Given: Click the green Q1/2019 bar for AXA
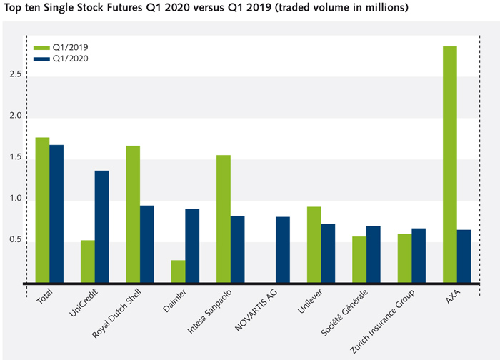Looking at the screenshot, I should pos(449,164).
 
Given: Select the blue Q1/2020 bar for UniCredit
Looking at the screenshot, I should pos(101,226).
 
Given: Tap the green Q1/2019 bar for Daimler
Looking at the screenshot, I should pos(178,271).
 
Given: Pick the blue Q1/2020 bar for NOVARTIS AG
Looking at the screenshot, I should pos(283,249).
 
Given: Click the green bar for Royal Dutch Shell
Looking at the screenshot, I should pos(133,214).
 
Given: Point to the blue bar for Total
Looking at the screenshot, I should pos(56,214).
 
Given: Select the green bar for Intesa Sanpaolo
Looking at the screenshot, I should pos(224,219).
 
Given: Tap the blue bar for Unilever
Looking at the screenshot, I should pos(328,253).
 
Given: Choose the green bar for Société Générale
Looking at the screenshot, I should pos(359,259).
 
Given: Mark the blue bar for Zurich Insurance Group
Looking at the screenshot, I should pos(419,255).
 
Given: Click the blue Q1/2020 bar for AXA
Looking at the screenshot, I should pos(464,256).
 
